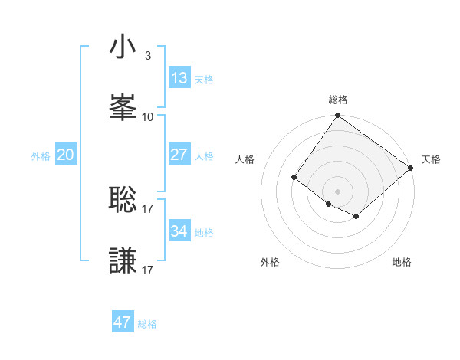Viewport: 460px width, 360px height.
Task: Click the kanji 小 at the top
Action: click(123, 47)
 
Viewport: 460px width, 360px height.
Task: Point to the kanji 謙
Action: click(123, 260)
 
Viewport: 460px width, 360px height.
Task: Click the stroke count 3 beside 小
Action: click(148, 56)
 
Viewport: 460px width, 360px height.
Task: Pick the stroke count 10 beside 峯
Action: click(148, 116)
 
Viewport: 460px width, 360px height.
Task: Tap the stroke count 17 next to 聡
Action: click(148, 208)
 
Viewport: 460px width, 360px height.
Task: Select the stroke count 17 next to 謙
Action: click(148, 270)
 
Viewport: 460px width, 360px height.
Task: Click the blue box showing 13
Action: click(179, 77)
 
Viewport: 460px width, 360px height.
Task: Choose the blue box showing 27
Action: click(179, 154)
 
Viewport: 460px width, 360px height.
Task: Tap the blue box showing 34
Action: click(179, 231)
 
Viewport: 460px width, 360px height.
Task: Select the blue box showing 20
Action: click(66, 154)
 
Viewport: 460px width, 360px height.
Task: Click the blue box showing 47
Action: click(123, 322)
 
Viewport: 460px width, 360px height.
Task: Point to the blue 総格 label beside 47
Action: click(147, 324)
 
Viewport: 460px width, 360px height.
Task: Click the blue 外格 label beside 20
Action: click(41, 155)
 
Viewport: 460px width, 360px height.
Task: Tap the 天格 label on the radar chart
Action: click(431, 159)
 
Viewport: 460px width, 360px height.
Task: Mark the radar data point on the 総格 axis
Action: click(337, 116)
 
